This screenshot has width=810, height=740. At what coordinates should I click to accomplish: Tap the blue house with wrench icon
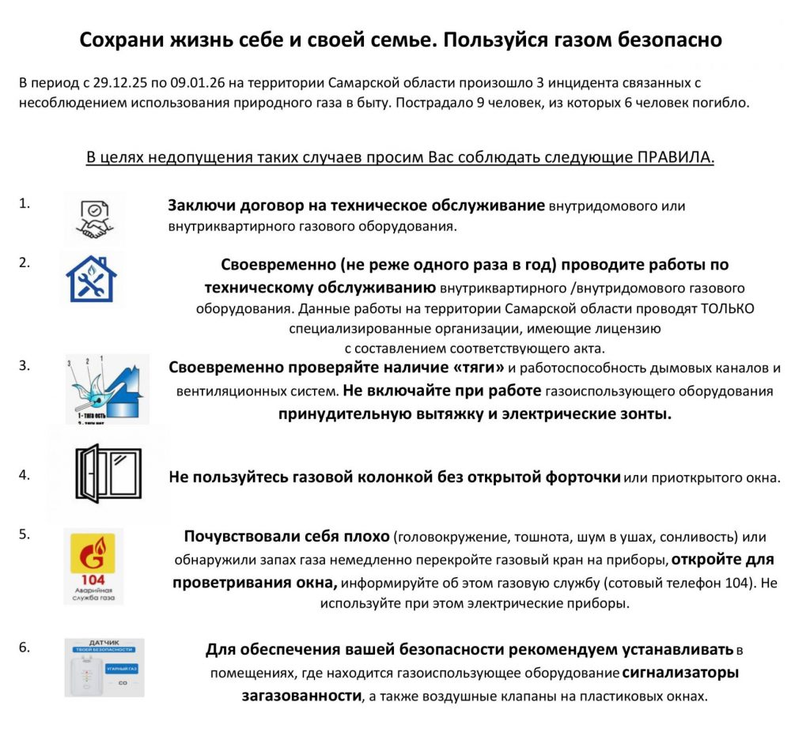(91, 279)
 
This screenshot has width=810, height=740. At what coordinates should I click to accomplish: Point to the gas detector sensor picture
(104, 667)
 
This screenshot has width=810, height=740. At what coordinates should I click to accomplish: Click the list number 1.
(24, 202)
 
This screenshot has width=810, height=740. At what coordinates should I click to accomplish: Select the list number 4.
(24, 475)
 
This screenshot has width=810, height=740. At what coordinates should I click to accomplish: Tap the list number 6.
(24, 647)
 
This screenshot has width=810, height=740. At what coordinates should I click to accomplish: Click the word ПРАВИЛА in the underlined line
(676, 157)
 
